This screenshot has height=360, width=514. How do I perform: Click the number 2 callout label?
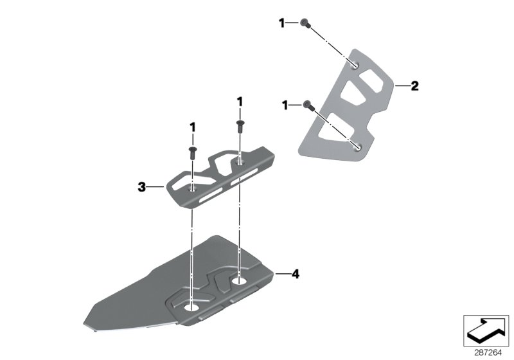(x=415, y=85)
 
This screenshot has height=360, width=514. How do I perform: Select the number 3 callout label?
(x=141, y=187)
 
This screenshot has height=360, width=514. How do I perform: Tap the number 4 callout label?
(x=295, y=274)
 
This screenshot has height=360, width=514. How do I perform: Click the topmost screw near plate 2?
(x=305, y=24)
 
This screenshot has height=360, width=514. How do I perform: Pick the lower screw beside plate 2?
(x=308, y=106)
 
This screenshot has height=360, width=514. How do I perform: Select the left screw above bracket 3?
(x=192, y=151)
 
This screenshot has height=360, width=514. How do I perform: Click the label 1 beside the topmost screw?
(x=281, y=23)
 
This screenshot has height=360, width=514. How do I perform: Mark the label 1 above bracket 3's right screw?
(x=240, y=102)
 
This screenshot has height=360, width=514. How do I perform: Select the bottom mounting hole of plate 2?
(x=357, y=147)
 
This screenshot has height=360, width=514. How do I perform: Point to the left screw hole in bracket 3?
(x=192, y=190)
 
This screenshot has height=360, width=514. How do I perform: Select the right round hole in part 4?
(x=240, y=281)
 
